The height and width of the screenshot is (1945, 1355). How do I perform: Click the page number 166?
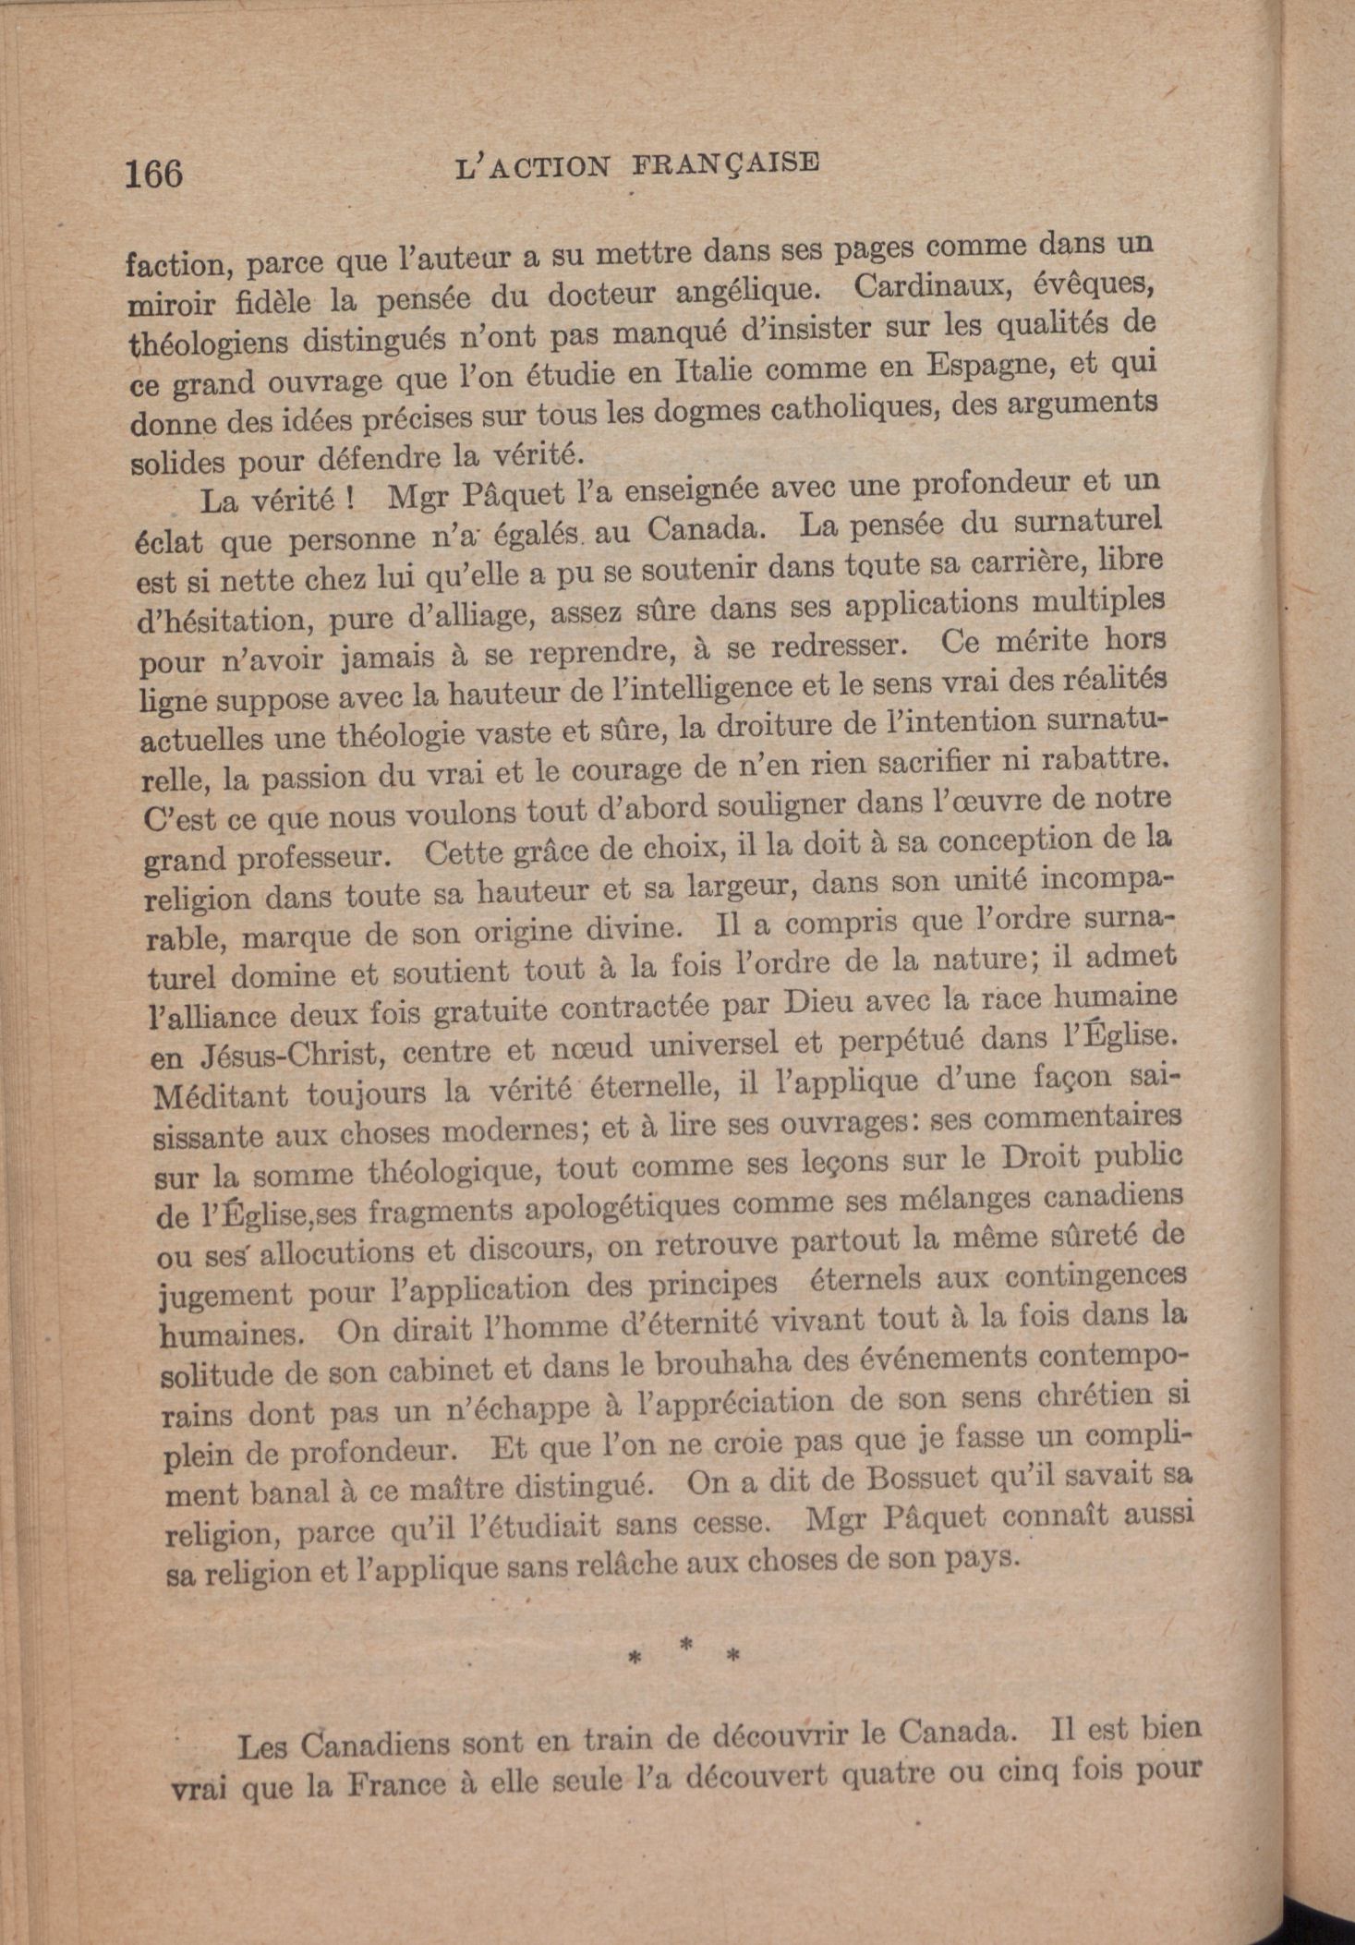[x=154, y=173]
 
